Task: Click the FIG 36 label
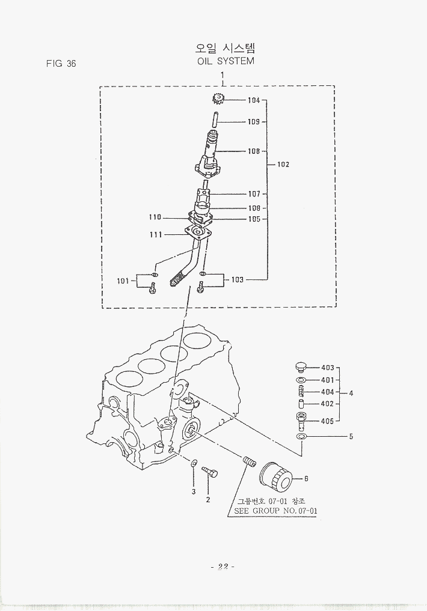coord(61,64)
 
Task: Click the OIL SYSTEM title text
coord(226,61)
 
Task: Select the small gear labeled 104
coord(218,100)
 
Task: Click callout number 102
coord(283,164)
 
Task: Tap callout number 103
coord(237,279)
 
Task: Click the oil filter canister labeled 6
coord(277,478)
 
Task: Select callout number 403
coord(327,368)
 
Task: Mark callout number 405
coord(327,421)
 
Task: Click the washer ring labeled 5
coord(302,436)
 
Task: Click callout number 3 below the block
coord(194,492)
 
